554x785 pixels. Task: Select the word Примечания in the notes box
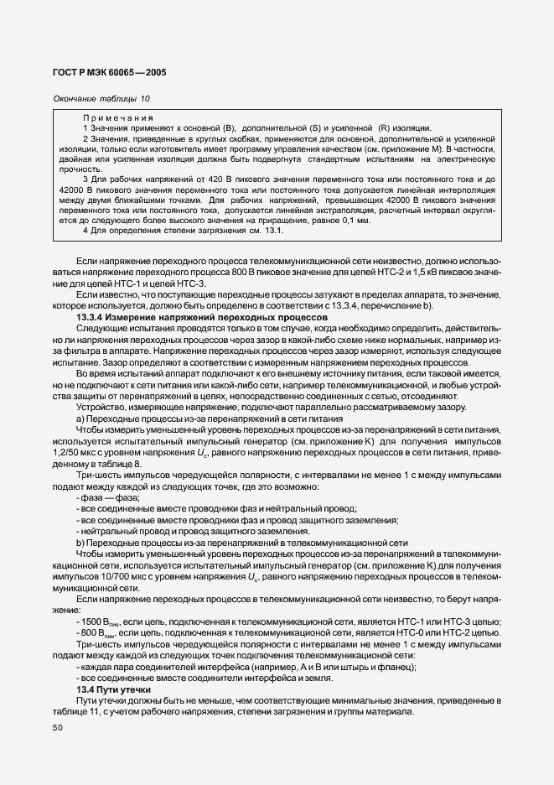pos(117,117)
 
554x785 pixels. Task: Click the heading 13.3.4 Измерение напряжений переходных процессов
pos(202,319)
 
